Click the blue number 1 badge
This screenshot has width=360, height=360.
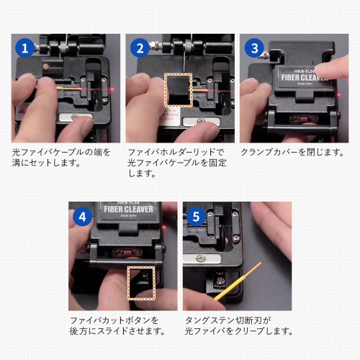25,48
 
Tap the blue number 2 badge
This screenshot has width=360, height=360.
140,48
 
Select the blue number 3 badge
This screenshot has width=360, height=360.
253,48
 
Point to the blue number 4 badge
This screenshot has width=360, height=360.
84,215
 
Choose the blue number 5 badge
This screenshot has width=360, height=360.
195,215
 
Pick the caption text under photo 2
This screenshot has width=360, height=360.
176,163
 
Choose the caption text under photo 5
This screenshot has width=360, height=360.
238,325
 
